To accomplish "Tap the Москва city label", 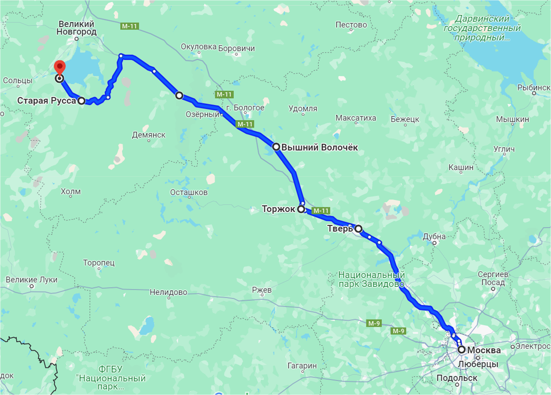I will [x=484, y=350].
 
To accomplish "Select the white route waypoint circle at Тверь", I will [x=358, y=229].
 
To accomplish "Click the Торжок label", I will [x=279, y=209].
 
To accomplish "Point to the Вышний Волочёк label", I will [x=319, y=148].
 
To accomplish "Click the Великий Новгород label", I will [x=77, y=28].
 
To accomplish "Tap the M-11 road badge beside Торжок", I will [x=320, y=211].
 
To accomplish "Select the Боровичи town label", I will [x=236, y=48].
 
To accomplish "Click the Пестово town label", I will [x=351, y=25].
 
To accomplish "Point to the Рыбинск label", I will [x=533, y=87].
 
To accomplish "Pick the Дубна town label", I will [x=434, y=236].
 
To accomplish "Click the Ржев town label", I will [x=262, y=290].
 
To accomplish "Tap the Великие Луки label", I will [x=32, y=280].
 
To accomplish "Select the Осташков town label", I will [x=189, y=192].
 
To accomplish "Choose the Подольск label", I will [x=456, y=378].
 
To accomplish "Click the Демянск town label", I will [x=148, y=135].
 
